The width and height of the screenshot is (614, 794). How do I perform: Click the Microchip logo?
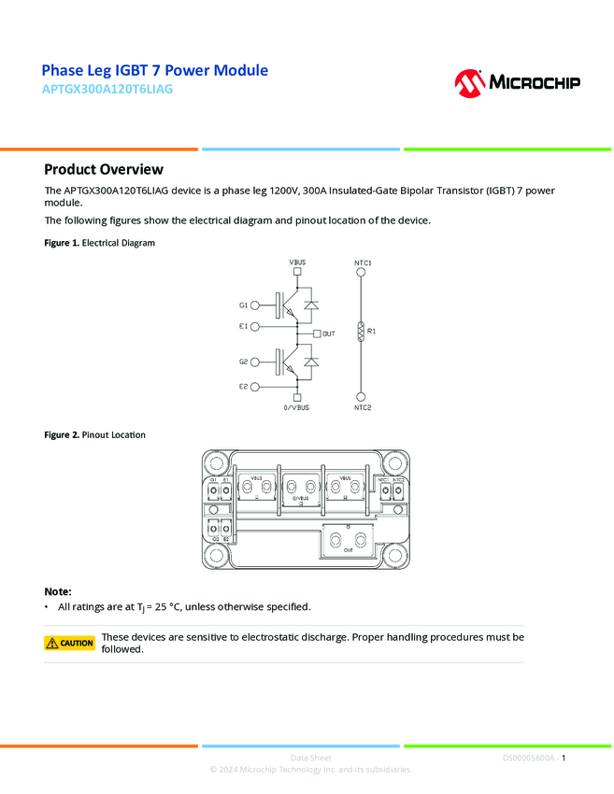click(517, 83)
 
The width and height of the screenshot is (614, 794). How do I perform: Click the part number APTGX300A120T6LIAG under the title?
click(107, 90)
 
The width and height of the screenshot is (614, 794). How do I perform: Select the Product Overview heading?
click(104, 169)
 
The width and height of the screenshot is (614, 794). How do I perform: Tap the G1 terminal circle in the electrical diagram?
click(255, 305)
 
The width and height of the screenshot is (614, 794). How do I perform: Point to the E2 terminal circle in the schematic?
click(255, 385)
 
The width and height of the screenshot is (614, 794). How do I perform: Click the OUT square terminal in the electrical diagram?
click(317, 333)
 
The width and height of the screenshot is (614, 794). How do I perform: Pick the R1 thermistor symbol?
click(362, 331)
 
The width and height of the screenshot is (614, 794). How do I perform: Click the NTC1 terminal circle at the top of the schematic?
click(362, 274)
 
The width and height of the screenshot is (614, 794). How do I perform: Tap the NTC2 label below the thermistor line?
click(363, 407)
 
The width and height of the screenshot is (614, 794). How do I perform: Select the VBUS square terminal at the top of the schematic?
click(296, 274)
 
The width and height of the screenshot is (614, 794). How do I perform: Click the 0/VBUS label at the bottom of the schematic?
click(296, 407)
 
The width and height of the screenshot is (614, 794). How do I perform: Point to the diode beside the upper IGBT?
click(312, 305)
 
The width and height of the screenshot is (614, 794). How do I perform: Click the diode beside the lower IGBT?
click(312, 362)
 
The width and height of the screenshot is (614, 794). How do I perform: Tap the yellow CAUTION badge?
click(70, 643)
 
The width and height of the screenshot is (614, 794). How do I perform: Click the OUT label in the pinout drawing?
click(349, 550)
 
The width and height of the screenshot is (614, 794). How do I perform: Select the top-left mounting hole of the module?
click(221, 461)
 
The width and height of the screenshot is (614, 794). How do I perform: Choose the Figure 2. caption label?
click(61, 435)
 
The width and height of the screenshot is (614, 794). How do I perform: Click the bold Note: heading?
click(58, 591)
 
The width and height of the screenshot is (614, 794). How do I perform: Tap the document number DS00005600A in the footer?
click(528, 759)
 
